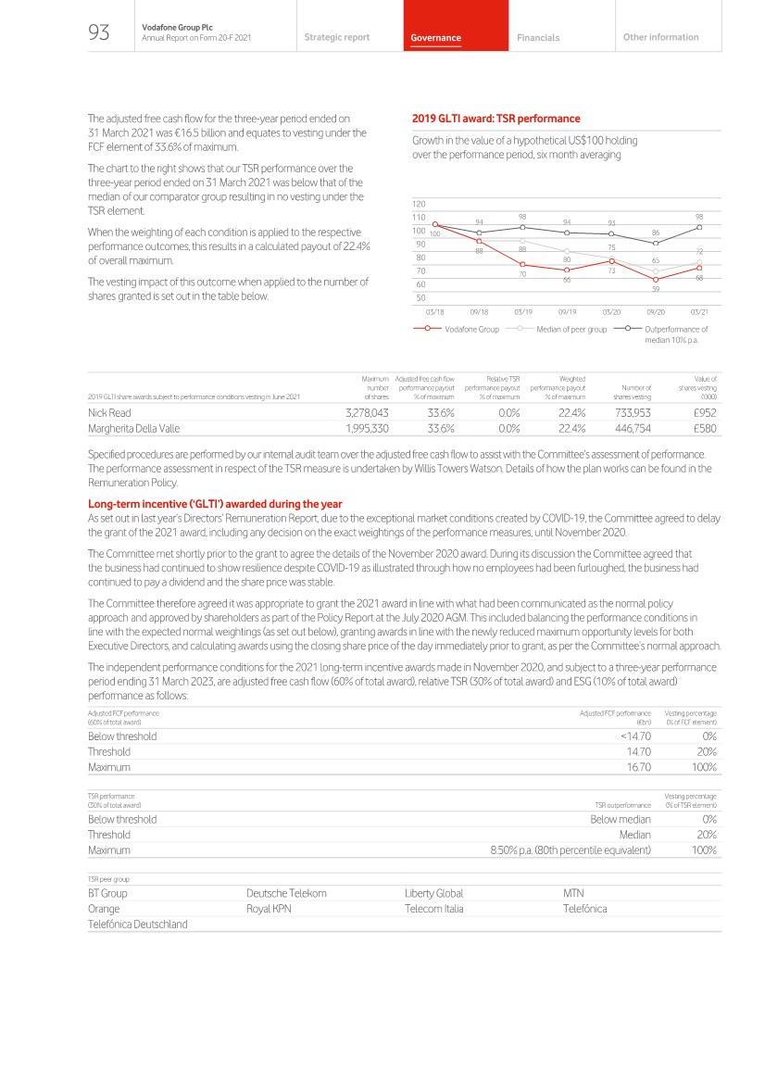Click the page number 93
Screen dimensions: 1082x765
(98, 33)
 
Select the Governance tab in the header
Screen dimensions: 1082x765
(436, 38)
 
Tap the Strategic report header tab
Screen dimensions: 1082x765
(336, 37)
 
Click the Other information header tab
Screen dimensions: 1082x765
(661, 37)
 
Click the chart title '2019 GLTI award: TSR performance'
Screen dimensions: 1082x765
(495, 119)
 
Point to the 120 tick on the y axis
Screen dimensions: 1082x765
(419, 203)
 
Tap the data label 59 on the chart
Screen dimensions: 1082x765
(656, 289)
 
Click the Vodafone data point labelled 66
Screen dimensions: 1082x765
(567, 270)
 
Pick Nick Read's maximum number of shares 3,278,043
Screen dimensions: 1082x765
(366, 412)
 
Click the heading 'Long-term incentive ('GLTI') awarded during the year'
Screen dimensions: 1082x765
(215, 504)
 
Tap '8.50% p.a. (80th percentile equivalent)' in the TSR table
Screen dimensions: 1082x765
(571, 849)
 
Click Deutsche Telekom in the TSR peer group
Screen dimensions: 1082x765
(286, 893)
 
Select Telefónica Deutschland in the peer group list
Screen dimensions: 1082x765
(137, 924)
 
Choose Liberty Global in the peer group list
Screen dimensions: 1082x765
(433, 893)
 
